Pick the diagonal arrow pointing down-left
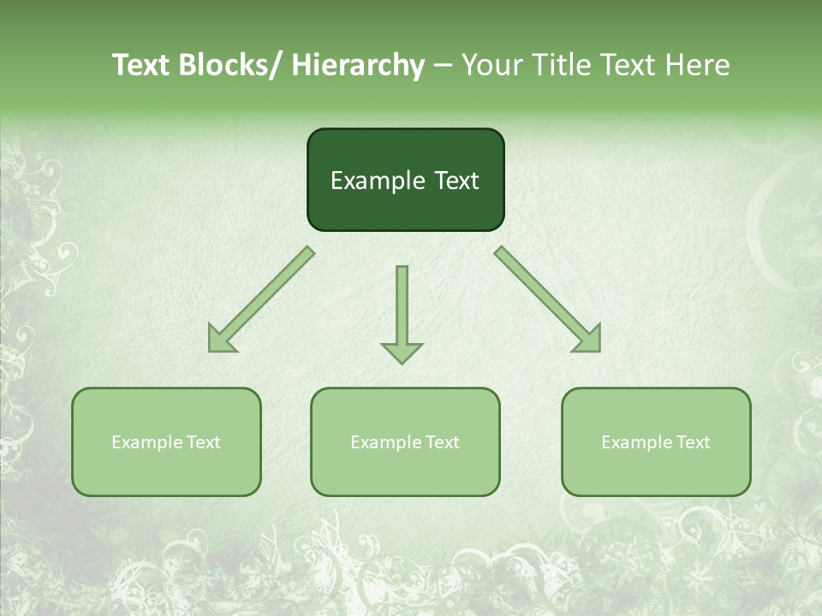click(261, 299)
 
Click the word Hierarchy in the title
click(358, 66)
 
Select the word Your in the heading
click(492, 66)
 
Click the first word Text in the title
click(142, 66)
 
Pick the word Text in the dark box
click(456, 181)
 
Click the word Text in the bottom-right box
click(693, 442)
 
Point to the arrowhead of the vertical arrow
click(402, 352)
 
